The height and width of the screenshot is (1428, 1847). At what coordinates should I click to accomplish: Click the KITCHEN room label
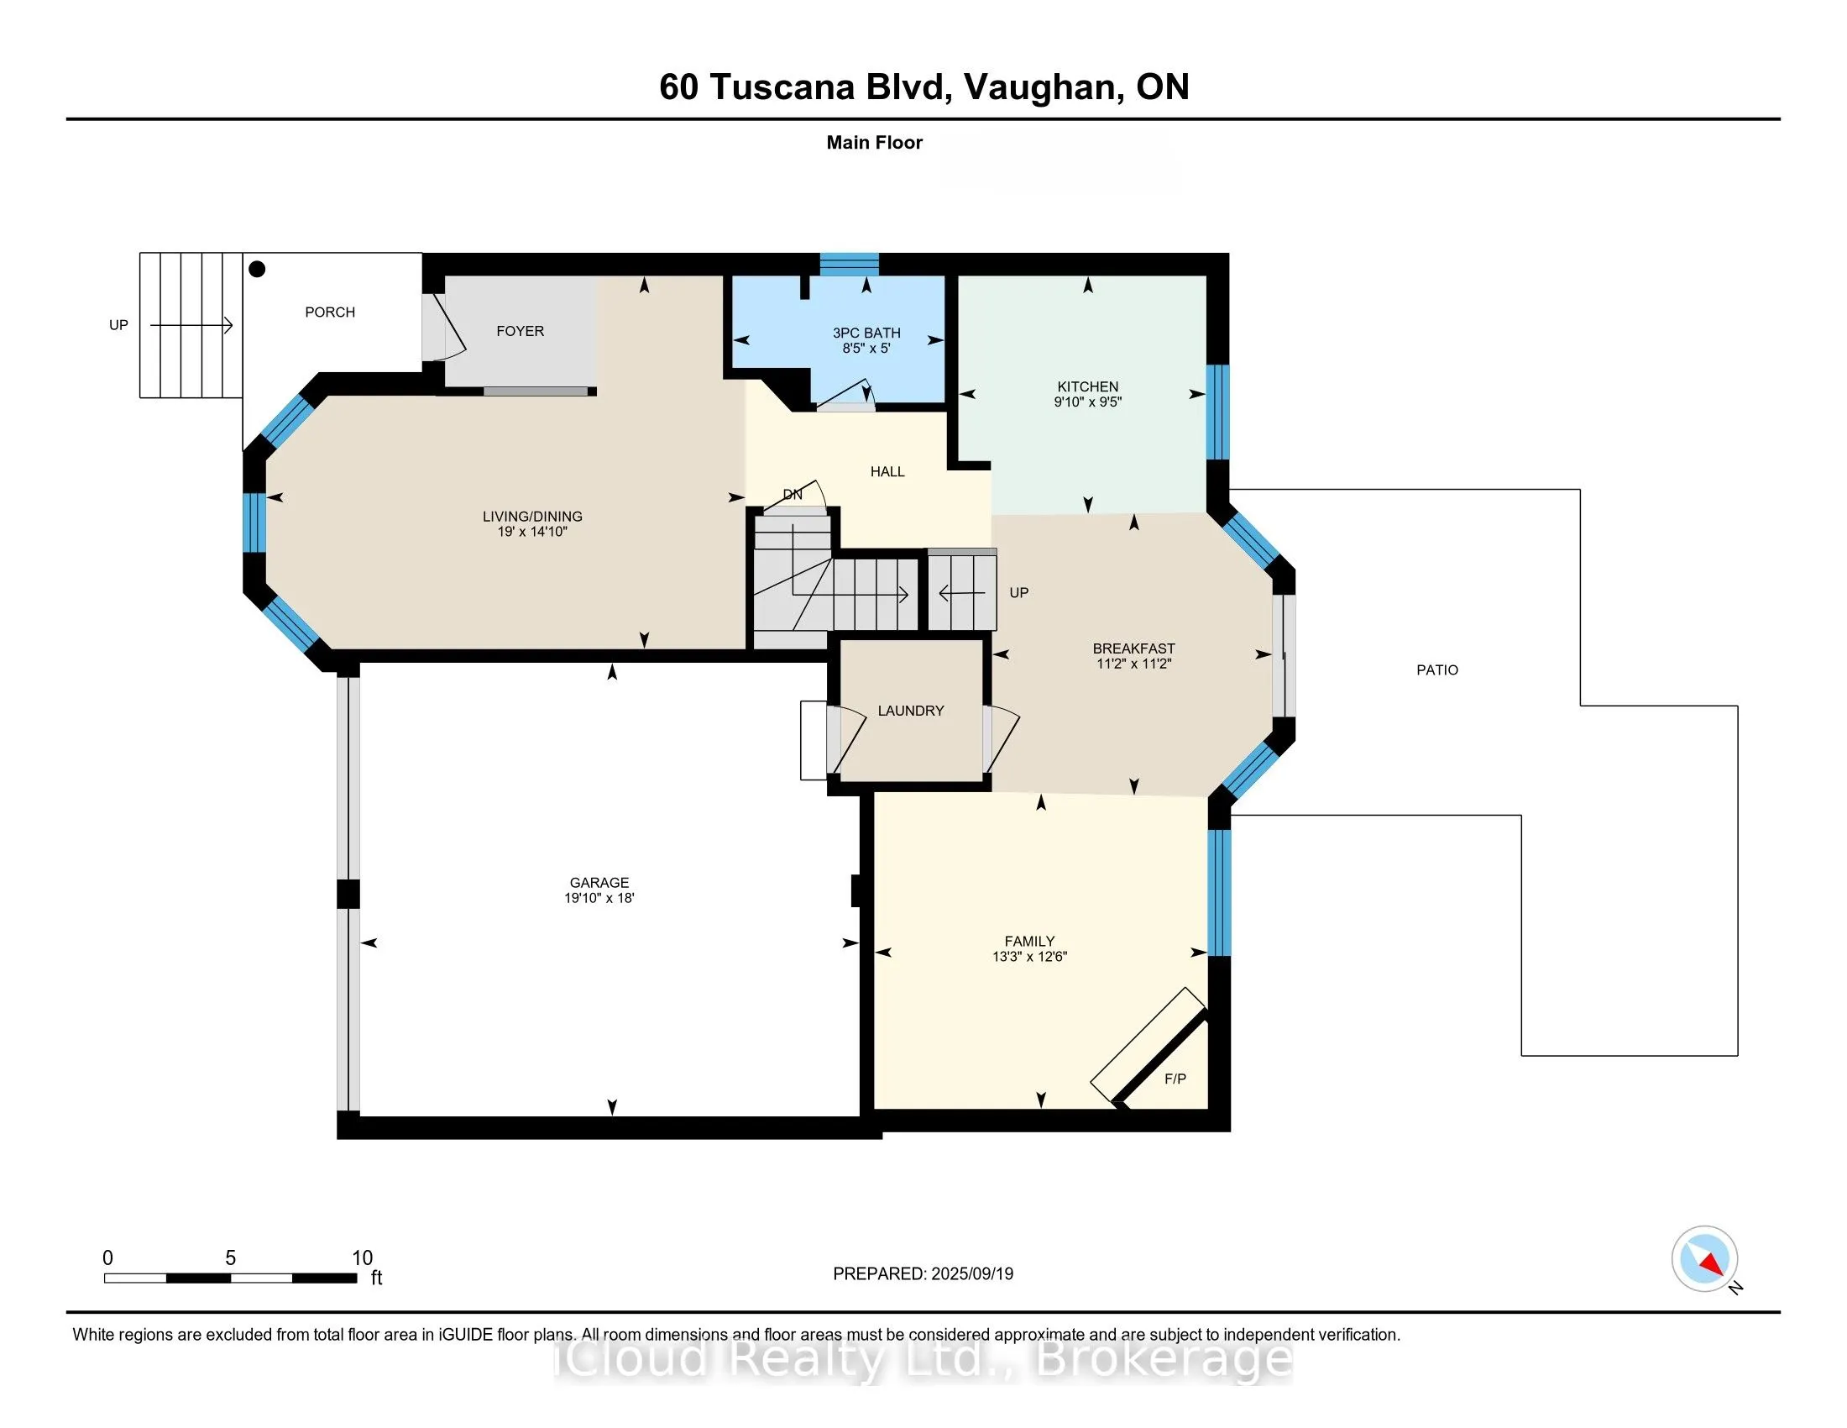coord(1086,386)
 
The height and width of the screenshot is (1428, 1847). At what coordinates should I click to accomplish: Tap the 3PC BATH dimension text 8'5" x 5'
coord(866,348)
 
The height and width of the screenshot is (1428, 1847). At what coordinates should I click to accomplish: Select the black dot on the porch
coord(258,269)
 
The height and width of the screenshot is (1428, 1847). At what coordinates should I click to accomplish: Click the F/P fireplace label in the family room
coord(1175,1079)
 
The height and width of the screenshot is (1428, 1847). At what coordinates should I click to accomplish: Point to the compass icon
coord(1703,1258)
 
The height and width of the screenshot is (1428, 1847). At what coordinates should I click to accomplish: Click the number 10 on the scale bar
coord(362,1257)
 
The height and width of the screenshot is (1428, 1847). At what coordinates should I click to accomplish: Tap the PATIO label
coord(1436,670)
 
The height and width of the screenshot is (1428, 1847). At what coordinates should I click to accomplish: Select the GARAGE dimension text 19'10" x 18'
coord(599,899)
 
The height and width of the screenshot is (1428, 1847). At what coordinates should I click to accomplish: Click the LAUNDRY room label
coord(910,711)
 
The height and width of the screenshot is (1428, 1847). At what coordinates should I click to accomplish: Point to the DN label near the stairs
coord(792,494)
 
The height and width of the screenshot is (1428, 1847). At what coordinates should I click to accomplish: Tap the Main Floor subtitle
coord(874,142)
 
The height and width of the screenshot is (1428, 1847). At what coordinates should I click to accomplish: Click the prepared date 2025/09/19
coord(971,1273)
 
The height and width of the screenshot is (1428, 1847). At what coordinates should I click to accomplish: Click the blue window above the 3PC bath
coord(848,264)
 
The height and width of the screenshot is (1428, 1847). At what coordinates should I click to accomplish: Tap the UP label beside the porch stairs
coord(118,325)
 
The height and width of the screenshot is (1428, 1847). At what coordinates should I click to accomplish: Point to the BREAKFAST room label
coord(1133,648)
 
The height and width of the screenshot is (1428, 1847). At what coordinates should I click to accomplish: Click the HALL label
coord(887,471)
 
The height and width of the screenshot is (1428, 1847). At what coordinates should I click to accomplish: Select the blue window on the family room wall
coord(1218,892)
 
